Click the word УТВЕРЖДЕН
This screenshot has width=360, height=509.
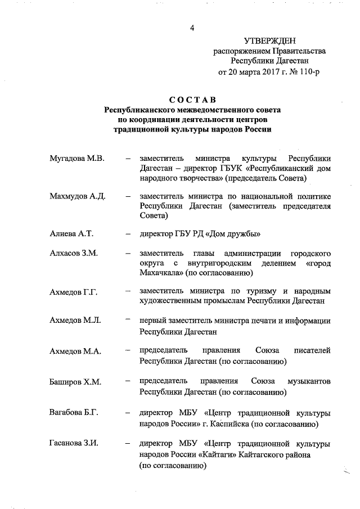[269, 40]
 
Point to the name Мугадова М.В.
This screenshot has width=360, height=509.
[77, 159]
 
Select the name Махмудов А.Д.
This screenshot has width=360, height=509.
[78, 196]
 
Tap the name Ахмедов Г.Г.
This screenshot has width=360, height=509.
[74, 291]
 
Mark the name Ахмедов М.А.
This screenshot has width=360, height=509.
[75, 351]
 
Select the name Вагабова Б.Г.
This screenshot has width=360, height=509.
[74, 413]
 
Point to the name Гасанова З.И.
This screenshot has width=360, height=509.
[74, 443]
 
